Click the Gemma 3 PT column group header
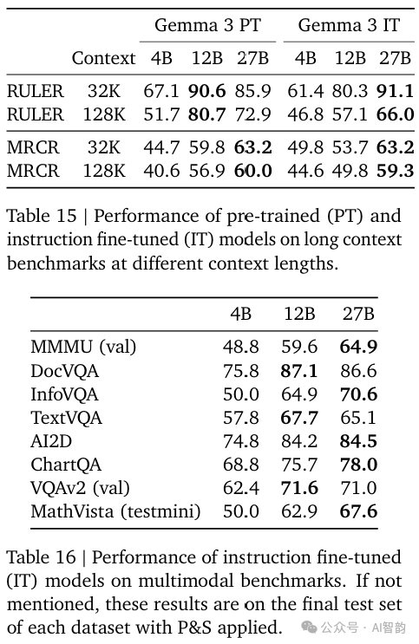pyautogui.click(x=207, y=25)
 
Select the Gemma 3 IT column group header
pyautogui.click(x=349, y=25)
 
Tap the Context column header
pyautogui.click(x=103, y=58)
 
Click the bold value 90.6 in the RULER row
pyautogui.click(x=206, y=91)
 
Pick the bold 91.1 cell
pyautogui.click(x=396, y=91)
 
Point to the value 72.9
pyautogui.click(x=253, y=114)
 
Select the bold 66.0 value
pyautogui.click(x=396, y=114)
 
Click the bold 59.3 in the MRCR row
pyautogui.click(x=396, y=171)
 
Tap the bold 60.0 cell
pyautogui.click(x=253, y=171)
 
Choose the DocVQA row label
pyautogui.click(x=64, y=371)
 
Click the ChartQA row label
pyautogui.click(x=66, y=465)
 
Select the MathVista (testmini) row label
pyautogui.click(x=115, y=511)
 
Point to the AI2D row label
pyautogui.click(x=51, y=441)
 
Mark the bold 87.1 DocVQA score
pyautogui.click(x=299, y=371)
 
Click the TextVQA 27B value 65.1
pyautogui.click(x=358, y=418)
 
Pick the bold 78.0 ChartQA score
pyautogui.click(x=358, y=465)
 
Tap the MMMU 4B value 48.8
pyautogui.click(x=241, y=348)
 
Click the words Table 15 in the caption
pyautogui.click(x=42, y=216)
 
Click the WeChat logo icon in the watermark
pyautogui.click(x=309, y=628)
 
